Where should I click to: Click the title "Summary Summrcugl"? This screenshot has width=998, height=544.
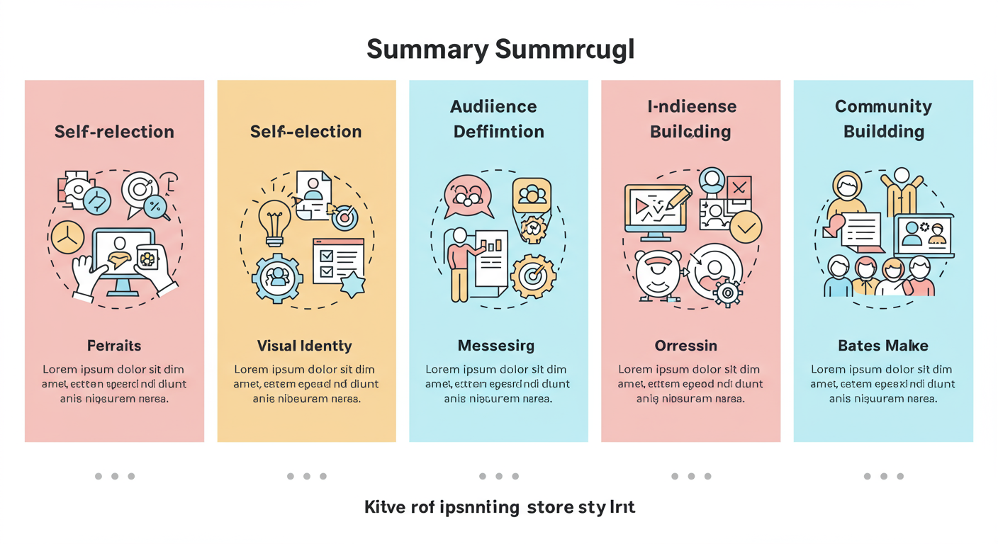(x=500, y=50)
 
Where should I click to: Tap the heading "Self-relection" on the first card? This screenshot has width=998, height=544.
(x=114, y=132)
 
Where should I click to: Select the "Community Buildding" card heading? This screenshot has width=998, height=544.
(x=883, y=119)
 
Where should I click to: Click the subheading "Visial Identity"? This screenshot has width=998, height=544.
(x=305, y=346)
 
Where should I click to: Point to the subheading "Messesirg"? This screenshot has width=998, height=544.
(x=496, y=346)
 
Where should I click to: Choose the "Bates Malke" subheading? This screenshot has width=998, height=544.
(x=883, y=346)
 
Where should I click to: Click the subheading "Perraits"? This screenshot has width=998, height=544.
(x=114, y=346)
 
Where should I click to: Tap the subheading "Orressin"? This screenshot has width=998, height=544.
(x=686, y=346)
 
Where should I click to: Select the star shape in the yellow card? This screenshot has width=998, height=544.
(x=352, y=285)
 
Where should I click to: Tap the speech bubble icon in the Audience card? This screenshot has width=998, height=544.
(x=467, y=195)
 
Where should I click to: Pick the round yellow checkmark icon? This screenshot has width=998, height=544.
(x=746, y=227)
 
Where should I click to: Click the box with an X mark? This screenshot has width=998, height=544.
(x=739, y=188)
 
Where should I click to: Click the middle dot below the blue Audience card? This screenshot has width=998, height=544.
(x=499, y=476)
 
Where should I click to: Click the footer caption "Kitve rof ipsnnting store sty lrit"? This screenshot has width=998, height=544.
(x=500, y=507)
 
